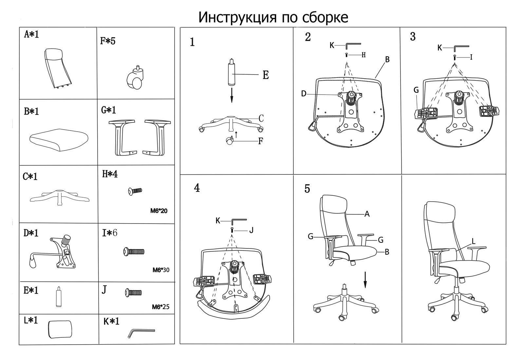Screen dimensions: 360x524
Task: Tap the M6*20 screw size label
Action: point(159,211)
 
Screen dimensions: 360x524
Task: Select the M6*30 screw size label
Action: point(161,270)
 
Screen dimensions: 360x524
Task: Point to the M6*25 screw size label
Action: point(160,307)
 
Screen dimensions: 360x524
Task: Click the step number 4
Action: point(197,188)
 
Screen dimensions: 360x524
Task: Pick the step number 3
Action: point(413,37)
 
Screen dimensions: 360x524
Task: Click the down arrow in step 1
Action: point(232,95)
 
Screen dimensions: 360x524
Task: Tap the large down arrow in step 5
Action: point(365,280)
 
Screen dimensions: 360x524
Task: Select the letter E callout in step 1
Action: point(266,75)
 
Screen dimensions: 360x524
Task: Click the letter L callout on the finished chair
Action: point(474,242)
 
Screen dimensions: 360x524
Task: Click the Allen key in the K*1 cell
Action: point(141,333)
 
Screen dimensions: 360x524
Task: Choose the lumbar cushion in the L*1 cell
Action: point(60,329)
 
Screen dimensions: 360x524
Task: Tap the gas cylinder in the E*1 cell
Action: point(59,297)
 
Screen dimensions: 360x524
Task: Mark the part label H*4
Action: point(110,174)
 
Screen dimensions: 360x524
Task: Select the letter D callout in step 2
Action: point(304,94)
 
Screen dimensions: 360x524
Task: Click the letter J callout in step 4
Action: point(251,230)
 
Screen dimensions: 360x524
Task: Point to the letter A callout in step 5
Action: point(367,214)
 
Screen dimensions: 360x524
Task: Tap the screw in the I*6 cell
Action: point(134,252)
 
